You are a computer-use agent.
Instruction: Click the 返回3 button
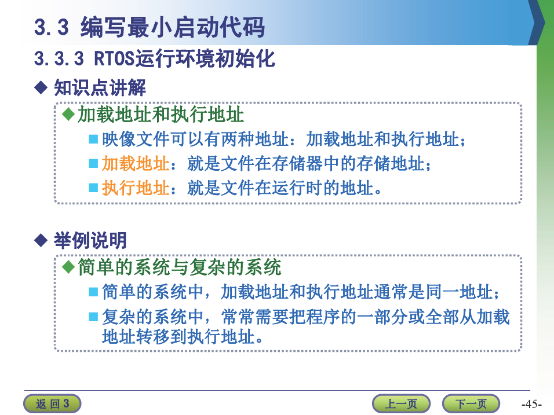coord(52,403)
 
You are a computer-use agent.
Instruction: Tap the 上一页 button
coord(401,403)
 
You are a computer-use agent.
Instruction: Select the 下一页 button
coord(471,403)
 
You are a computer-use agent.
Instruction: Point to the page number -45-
coord(531,403)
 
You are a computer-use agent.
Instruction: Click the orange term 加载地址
coord(136,164)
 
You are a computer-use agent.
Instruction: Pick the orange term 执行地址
coord(136,188)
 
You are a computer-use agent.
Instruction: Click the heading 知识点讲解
coord(100,87)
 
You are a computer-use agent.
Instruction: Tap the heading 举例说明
coord(90,240)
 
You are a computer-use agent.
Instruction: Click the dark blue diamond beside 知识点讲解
coord(41,87)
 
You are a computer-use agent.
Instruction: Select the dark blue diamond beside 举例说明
coord(41,240)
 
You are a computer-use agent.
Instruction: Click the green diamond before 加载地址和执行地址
coord(68,115)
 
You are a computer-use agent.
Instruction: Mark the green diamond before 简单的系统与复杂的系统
coord(68,267)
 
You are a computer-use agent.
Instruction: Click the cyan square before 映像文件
coord(93,139)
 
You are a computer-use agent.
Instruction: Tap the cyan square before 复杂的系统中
coord(93,317)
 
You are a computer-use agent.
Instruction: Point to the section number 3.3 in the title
coord(51,27)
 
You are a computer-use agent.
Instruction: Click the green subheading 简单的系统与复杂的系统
coord(180,267)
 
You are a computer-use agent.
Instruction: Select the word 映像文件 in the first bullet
coord(136,139)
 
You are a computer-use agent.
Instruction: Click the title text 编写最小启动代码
coord(173,27)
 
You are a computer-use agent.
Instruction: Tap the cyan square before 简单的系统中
coord(93,292)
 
